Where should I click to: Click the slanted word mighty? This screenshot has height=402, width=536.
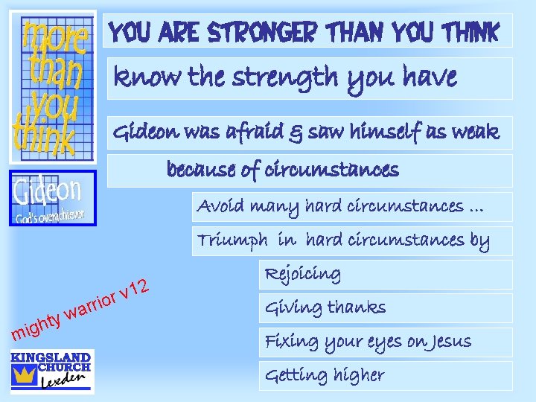35,326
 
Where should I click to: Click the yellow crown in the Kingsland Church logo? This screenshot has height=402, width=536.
25,374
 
